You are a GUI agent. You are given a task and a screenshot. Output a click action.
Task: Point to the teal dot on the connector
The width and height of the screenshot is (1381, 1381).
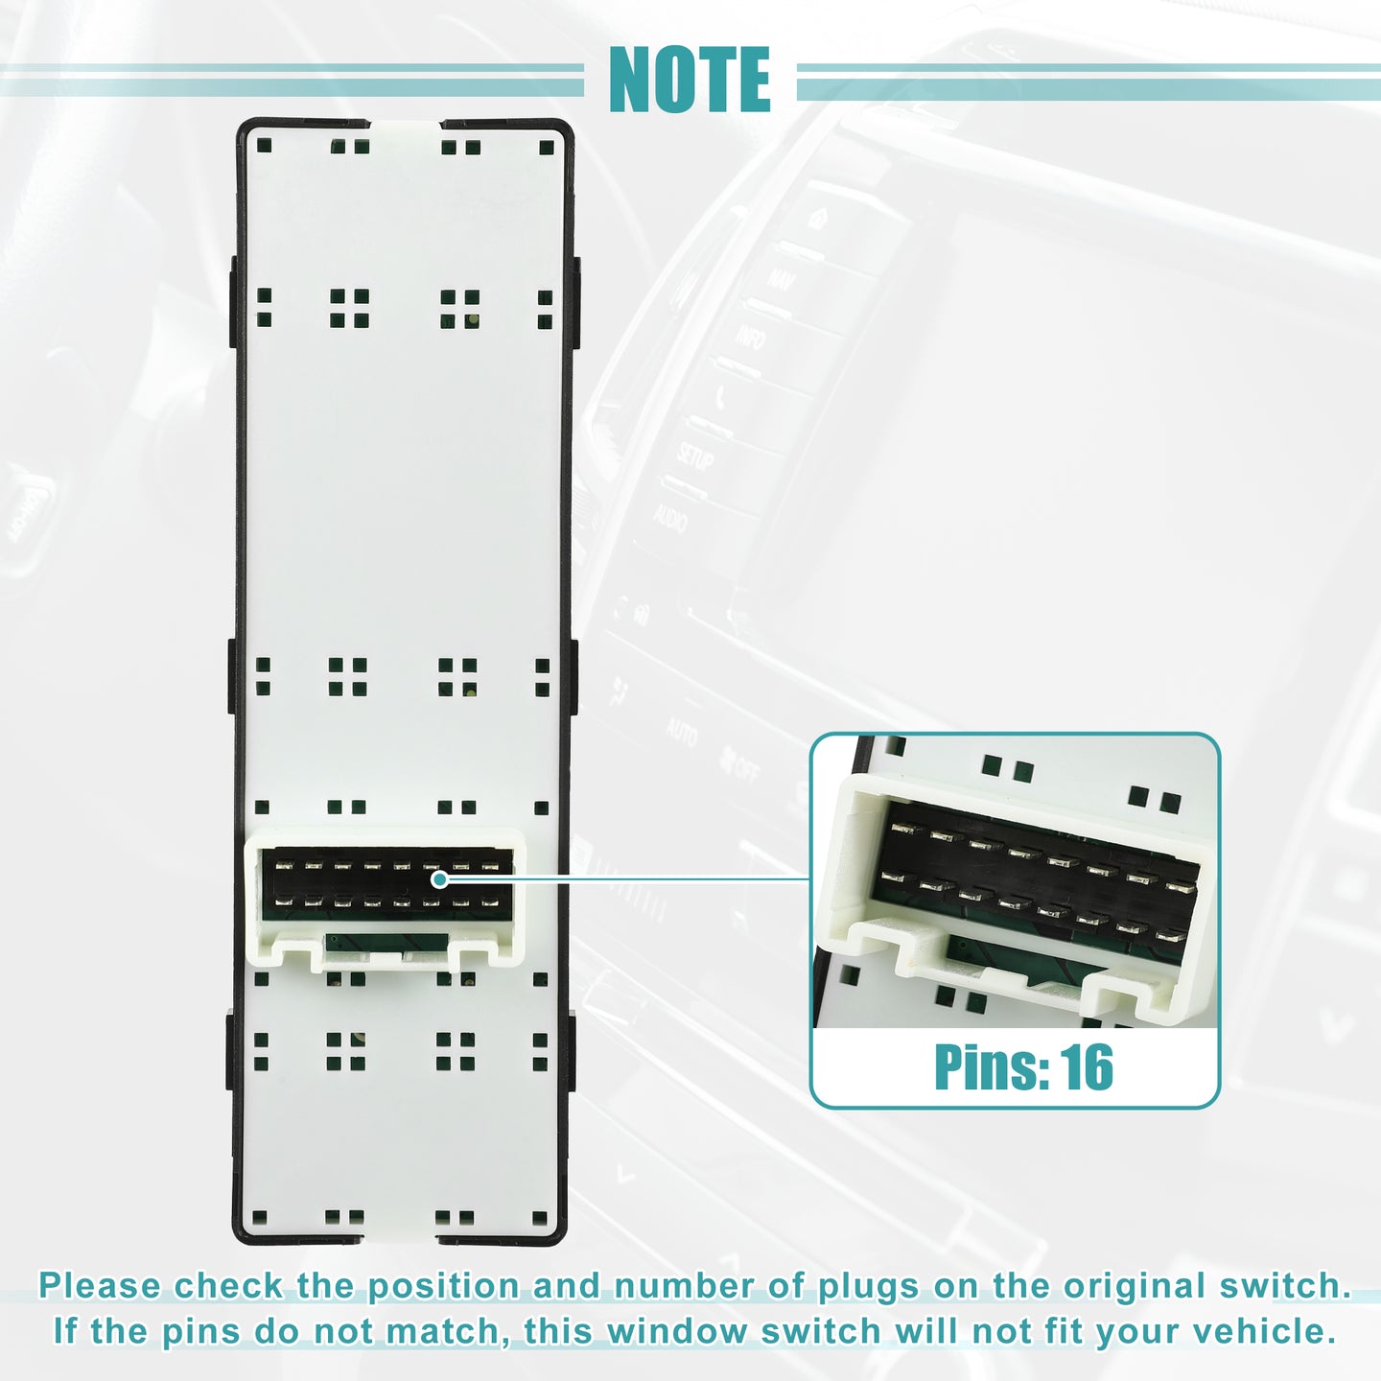[x=440, y=878]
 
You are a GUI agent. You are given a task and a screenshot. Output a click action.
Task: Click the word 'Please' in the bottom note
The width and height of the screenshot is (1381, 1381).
[x=100, y=1286]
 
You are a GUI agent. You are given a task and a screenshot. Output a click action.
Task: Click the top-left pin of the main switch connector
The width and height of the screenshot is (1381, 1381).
[x=284, y=866]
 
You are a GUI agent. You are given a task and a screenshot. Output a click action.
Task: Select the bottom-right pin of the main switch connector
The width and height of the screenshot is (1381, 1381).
[x=490, y=902]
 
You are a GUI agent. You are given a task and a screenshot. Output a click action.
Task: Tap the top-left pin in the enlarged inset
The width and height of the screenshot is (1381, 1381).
[x=906, y=829]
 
